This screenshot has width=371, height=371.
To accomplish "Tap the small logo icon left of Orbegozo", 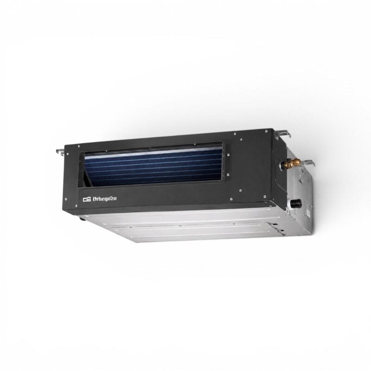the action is (87, 199).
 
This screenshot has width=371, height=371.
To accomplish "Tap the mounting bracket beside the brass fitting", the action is (307, 163).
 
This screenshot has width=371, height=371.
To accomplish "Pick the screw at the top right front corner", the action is (266, 131).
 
